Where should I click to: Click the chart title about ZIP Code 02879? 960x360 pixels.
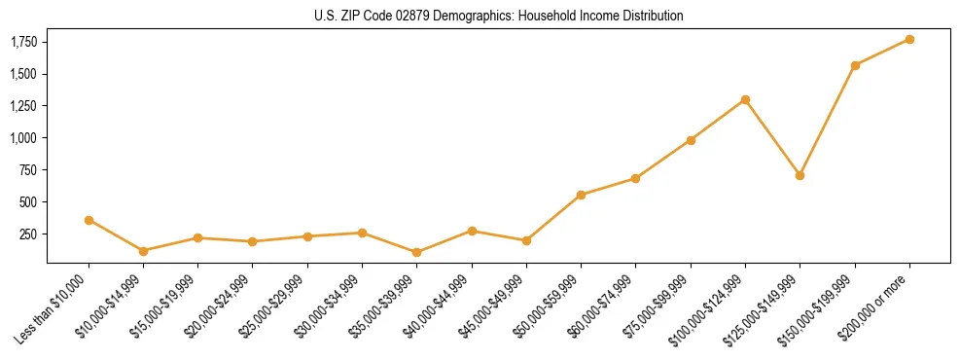(499, 16)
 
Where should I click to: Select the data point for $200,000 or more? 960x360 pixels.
(909, 39)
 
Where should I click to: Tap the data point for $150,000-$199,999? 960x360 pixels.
(855, 65)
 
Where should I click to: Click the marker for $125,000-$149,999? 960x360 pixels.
(800, 175)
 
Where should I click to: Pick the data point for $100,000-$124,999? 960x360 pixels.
(745, 99)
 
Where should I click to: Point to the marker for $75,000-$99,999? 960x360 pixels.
(691, 140)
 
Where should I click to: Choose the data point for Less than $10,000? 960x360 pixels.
(89, 220)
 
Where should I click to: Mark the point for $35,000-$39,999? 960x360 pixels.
(417, 252)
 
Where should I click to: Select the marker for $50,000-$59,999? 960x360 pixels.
(581, 195)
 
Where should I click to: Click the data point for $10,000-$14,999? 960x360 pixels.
(143, 251)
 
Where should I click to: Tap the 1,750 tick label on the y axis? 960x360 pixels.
(24, 42)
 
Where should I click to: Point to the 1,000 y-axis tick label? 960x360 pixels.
(24, 138)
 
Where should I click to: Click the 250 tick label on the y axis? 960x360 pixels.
(29, 234)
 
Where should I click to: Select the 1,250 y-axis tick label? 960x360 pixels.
(24, 106)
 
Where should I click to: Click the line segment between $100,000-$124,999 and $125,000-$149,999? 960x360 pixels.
(772, 137)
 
